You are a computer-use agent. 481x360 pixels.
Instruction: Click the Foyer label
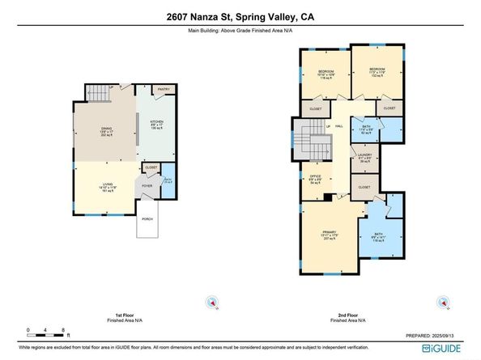147,185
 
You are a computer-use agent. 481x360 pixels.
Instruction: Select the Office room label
316,178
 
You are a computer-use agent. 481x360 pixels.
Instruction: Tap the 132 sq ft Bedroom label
377,72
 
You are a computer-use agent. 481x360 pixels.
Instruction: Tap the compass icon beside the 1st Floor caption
213,303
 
